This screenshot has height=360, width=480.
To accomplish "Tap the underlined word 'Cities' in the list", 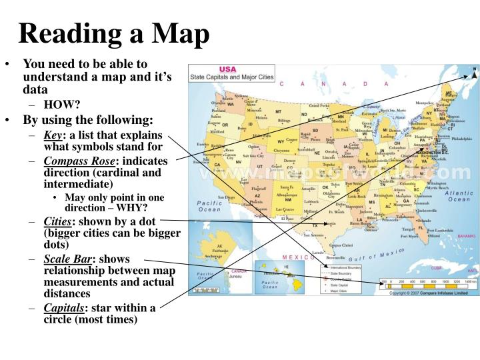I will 57,222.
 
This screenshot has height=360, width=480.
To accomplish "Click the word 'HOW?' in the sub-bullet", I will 62,105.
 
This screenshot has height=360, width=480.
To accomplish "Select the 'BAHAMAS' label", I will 466,236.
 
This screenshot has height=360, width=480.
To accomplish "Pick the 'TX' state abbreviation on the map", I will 315,225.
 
